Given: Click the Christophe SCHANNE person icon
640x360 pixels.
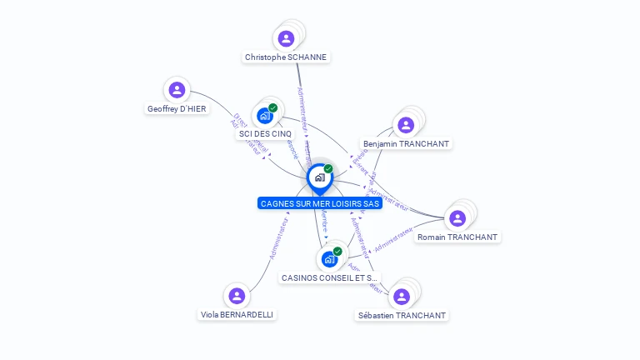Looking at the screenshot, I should pyautogui.click(x=286, y=38).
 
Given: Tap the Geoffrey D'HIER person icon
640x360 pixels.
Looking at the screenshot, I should pyautogui.click(x=177, y=90).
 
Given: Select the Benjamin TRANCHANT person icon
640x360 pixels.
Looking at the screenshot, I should pyautogui.click(x=406, y=125).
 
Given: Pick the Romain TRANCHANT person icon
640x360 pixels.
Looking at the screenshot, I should pyautogui.click(x=457, y=218).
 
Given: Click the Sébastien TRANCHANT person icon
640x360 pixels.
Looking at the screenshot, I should pyautogui.click(x=402, y=297).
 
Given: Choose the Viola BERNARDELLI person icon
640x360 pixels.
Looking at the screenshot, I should pyautogui.click(x=237, y=296).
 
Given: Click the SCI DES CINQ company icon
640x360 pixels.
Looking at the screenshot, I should pyautogui.click(x=265, y=115).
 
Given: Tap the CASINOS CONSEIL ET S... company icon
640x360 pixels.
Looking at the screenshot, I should pyautogui.click(x=329, y=259).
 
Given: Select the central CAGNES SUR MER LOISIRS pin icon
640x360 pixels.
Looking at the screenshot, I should pyautogui.click(x=319, y=177).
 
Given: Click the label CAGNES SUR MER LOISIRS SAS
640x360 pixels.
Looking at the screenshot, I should pyautogui.click(x=320, y=203).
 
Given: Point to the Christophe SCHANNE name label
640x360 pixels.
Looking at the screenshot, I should pyautogui.click(x=286, y=57).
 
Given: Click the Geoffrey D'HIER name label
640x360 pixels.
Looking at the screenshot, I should pyautogui.click(x=177, y=108).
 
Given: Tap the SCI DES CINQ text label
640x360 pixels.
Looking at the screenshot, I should pyautogui.click(x=265, y=133).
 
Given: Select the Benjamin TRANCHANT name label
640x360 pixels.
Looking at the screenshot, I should pyautogui.click(x=407, y=143).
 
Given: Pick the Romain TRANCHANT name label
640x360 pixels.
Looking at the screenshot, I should pyautogui.click(x=457, y=237).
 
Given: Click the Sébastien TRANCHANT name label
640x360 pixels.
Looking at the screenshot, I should pyautogui.click(x=402, y=315).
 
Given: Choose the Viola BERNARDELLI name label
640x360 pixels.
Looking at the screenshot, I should pyautogui.click(x=237, y=314).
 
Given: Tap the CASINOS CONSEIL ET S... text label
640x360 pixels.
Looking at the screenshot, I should pyautogui.click(x=330, y=277).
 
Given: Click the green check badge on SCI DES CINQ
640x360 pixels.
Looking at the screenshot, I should pyautogui.click(x=272, y=107).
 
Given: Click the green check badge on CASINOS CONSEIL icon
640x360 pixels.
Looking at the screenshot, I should pyautogui.click(x=337, y=251).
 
